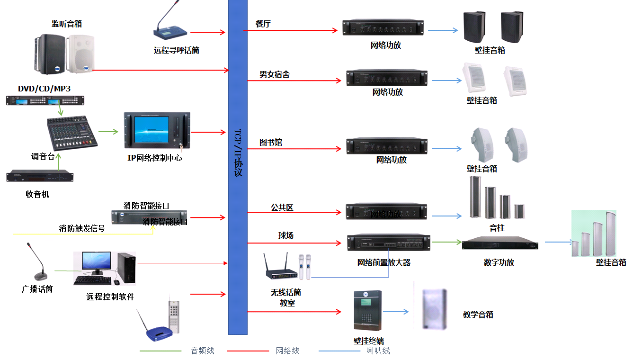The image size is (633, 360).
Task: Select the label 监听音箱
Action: pos(70,24)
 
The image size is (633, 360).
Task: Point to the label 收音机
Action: pos(37,194)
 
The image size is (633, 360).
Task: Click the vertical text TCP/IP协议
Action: pos(238,152)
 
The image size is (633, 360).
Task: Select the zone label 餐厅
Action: pos(263,24)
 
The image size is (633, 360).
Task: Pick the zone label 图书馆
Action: pos(271,142)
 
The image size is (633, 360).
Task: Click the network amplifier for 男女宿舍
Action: pos(386,78)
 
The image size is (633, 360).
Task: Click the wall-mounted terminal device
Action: pos(367,311)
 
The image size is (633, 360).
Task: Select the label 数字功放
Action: pos(499,262)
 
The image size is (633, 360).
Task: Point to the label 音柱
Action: pos(497,228)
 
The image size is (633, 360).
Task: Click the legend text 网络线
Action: pos(288,351)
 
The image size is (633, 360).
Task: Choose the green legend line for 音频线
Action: pos(160,351)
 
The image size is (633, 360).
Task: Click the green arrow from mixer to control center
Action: pos(108,132)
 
